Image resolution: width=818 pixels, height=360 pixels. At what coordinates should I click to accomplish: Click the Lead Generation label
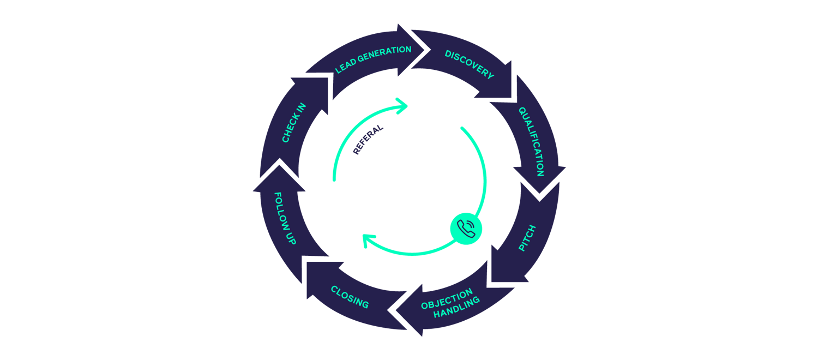coord(373,59)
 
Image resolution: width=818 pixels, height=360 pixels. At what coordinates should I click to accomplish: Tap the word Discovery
coord(470,64)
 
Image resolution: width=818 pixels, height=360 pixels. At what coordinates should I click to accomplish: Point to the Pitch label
coord(527,238)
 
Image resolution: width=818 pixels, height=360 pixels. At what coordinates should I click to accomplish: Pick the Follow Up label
coord(284,218)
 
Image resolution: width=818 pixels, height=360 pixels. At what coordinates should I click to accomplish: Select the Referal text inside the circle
coord(369,140)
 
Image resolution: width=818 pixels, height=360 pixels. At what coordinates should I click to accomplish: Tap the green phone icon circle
coord(466,229)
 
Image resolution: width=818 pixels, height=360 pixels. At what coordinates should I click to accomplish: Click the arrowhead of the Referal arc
coord(406,106)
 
